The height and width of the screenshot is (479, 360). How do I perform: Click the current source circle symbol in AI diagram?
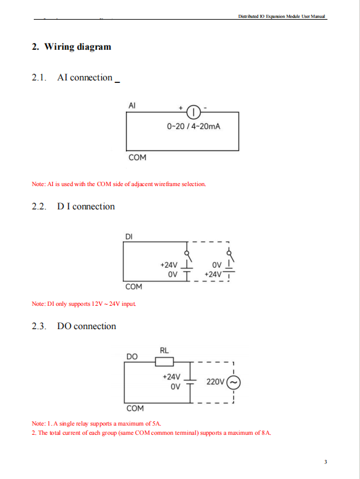pyautogui.click(x=194, y=112)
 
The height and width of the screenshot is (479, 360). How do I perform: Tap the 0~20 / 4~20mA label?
pyautogui.click(x=194, y=126)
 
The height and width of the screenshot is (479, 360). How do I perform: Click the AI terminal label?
pyautogui.click(x=132, y=106)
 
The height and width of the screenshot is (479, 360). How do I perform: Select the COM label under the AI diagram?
pyautogui.click(x=137, y=157)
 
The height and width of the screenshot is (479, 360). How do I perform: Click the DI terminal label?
pyautogui.click(x=129, y=236)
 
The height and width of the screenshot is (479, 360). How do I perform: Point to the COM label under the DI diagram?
pyautogui.click(x=134, y=287)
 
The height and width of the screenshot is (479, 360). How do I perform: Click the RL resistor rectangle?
pyautogui.click(x=165, y=362)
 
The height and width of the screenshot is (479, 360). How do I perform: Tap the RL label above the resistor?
pyautogui.click(x=164, y=351)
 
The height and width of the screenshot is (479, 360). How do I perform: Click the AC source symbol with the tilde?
pyautogui.click(x=233, y=383)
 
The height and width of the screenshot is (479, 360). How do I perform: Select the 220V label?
pyautogui.click(x=216, y=382)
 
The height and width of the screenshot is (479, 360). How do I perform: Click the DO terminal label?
pyautogui.click(x=132, y=357)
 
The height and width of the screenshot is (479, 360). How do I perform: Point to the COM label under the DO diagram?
pyautogui.click(x=135, y=408)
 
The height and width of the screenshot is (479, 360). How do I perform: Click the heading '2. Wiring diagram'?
pyautogui.click(x=71, y=47)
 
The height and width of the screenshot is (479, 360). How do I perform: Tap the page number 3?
pyautogui.click(x=326, y=462)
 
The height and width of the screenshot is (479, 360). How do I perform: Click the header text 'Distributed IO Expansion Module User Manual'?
pyautogui.click(x=281, y=16)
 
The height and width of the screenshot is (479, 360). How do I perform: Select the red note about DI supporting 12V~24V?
pyautogui.click(x=84, y=303)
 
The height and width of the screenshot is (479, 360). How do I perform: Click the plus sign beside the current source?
pyautogui.click(x=181, y=108)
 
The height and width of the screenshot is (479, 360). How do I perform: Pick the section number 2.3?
pyautogui.click(x=39, y=326)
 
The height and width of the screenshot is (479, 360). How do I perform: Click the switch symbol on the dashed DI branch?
pyautogui.click(x=230, y=256)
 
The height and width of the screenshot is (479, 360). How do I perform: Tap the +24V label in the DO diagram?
pyautogui.click(x=171, y=376)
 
